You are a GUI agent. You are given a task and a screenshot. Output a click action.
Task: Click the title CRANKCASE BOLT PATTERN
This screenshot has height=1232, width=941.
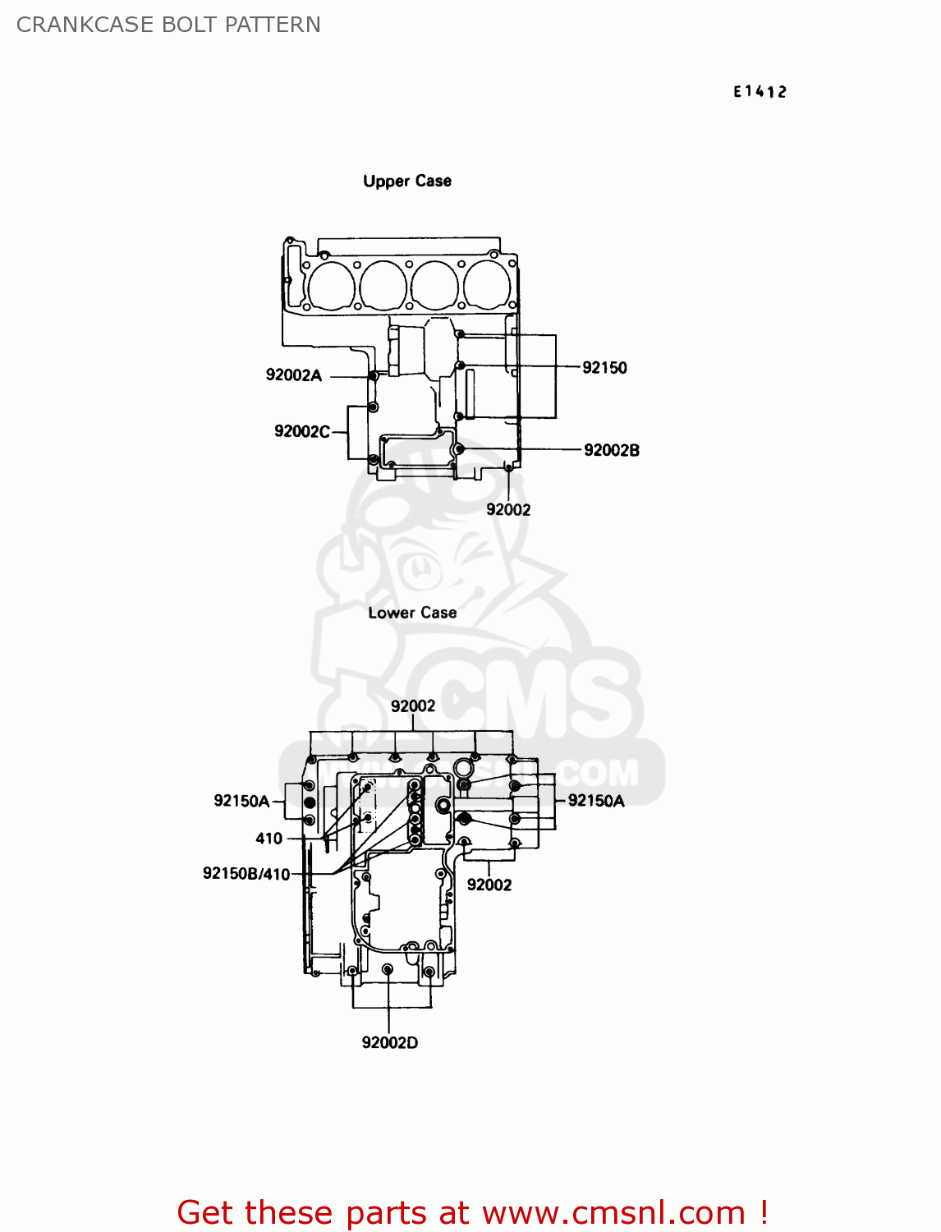168,25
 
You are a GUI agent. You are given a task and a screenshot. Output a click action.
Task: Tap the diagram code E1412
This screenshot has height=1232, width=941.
760,92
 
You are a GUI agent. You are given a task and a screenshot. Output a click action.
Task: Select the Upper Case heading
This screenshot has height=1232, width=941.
407,182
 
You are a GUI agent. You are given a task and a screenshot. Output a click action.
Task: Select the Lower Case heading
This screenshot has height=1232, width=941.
412,613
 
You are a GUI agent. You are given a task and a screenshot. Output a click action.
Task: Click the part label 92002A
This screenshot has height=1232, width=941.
294,375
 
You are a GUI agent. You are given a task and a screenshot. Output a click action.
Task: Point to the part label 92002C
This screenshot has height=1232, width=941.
302,432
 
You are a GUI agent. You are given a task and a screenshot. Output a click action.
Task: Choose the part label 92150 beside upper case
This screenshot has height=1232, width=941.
605,368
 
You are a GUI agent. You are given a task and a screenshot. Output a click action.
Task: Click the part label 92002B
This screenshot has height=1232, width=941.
612,450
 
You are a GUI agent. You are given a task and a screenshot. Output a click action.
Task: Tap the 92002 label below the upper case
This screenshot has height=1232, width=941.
508,509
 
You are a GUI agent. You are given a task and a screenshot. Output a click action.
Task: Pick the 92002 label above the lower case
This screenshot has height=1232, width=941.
413,706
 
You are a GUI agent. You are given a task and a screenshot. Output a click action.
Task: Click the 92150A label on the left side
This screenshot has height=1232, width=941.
241,801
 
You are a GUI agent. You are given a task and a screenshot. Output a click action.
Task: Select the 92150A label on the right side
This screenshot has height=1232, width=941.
596,801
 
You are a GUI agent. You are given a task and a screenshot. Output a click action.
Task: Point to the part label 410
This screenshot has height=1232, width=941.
269,839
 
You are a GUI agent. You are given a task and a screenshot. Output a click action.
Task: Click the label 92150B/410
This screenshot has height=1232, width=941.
246,874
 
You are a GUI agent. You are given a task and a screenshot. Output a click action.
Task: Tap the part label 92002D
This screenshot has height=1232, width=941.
389,1043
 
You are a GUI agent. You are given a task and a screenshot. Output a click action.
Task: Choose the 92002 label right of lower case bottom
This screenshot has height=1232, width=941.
489,885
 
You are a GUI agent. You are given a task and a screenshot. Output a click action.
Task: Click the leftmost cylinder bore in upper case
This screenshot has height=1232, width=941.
332,285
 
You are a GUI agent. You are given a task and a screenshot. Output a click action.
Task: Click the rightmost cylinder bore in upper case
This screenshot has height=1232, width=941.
486,285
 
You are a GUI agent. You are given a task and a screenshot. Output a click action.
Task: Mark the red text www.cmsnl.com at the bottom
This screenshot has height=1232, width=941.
613,1213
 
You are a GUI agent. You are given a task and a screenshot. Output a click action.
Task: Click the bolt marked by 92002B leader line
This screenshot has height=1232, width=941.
459,448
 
